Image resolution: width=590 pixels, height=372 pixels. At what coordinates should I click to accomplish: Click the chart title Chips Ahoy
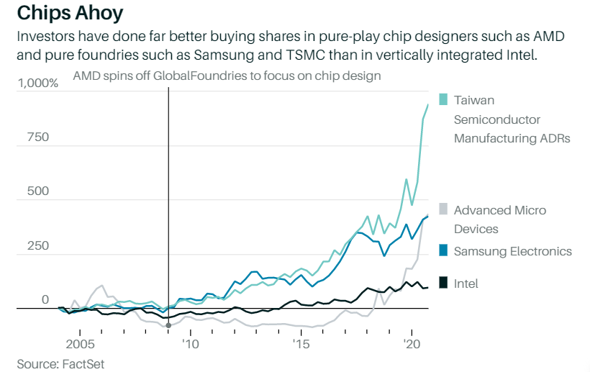[x=71, y=12]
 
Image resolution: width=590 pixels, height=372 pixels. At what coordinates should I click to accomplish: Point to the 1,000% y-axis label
[x=38, y=83]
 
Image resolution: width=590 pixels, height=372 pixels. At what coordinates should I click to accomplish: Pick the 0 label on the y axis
[x=45, y=300]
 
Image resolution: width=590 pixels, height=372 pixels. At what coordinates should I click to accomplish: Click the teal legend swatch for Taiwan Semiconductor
[x=443, y=100]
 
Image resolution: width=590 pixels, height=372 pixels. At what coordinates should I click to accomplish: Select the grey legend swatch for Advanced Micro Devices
[x=443, y=209]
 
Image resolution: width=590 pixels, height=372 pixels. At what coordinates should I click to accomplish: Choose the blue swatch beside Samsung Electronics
[x=443, y=250]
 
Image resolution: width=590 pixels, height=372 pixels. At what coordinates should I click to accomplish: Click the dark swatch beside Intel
[x=443, y=283]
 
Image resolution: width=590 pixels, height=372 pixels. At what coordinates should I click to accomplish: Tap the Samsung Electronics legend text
[x=512, y=251]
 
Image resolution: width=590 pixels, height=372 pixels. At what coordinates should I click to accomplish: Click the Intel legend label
[x=466, y=284]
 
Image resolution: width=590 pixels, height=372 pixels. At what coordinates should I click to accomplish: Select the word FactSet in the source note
[x=83, y=364]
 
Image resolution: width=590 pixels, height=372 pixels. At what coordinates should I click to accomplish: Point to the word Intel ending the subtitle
[x=520, y=55]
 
